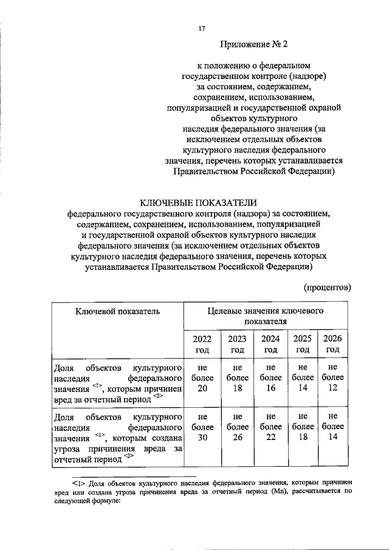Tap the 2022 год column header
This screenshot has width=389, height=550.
click(x=202, y=344)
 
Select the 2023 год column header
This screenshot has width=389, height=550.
click(x=237, y=344)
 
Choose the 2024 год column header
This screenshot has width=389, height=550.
click(x=270, y=344)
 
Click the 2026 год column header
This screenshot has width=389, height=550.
click(x=332, y=344)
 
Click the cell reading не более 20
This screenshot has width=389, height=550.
click(x=202, y=378)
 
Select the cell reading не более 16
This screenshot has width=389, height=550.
click(x=270, y=378)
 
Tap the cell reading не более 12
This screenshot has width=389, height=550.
click(x=332, y=378)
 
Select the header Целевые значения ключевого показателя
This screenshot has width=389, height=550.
click(x=265, y=315)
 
